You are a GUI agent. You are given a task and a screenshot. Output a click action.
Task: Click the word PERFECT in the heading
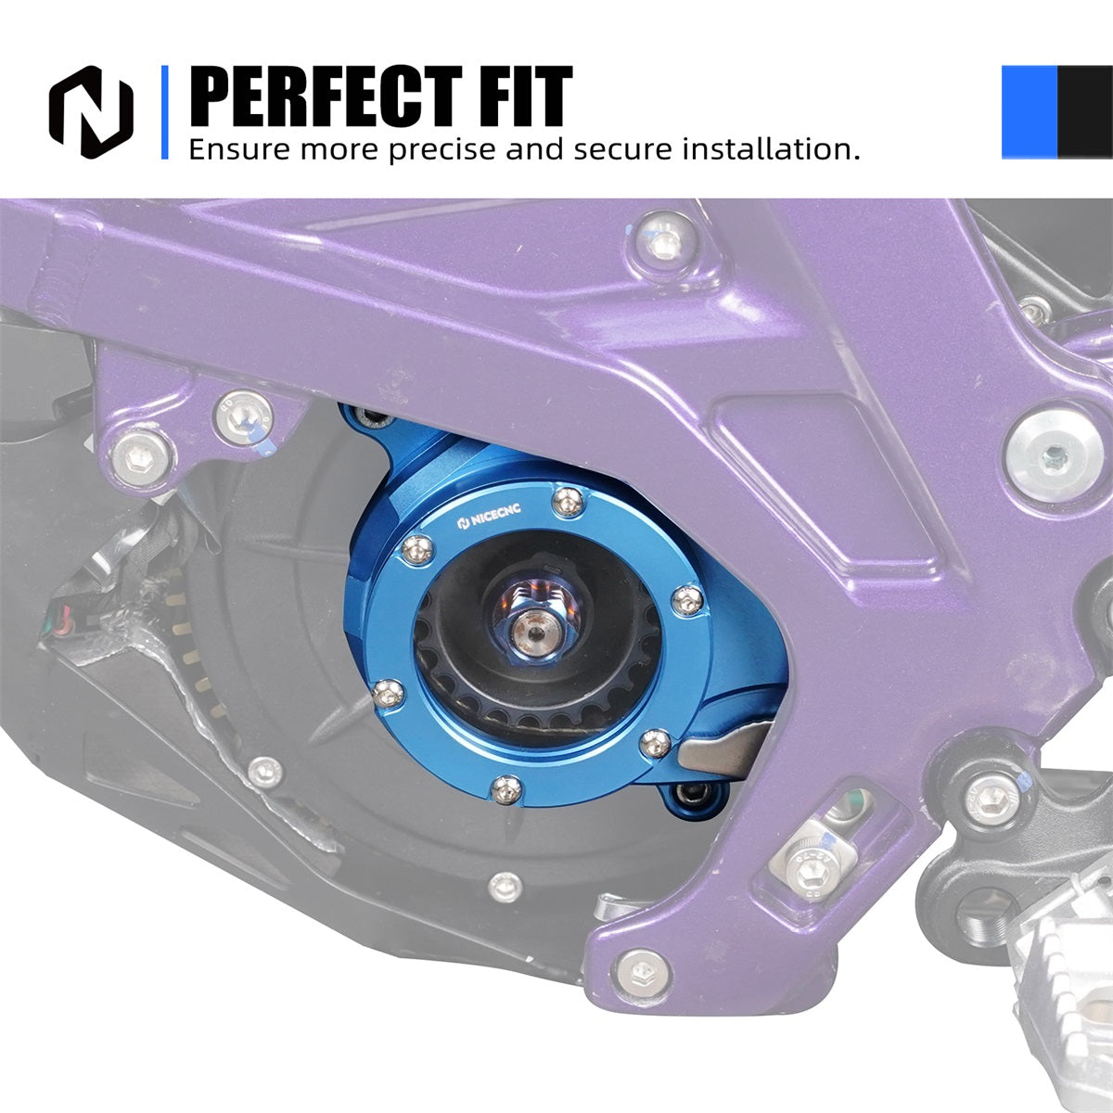pos(326,96)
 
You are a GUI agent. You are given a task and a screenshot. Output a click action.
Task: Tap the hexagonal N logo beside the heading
pos(91,112)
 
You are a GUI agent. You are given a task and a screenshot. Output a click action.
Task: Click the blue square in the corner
pos(1030,112)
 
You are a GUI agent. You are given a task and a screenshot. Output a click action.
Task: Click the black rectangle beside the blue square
pos(1084,112)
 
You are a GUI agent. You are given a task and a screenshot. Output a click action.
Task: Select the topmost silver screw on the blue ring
pos(569,502)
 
